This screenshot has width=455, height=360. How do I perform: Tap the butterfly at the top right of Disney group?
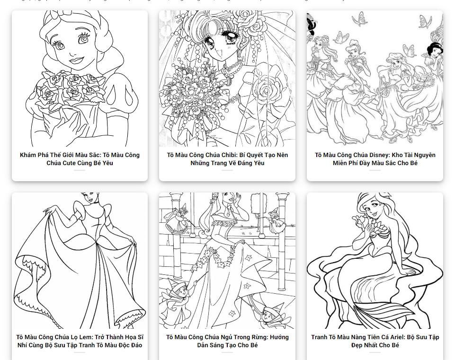425,21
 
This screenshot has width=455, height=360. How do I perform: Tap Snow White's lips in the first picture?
76,60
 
